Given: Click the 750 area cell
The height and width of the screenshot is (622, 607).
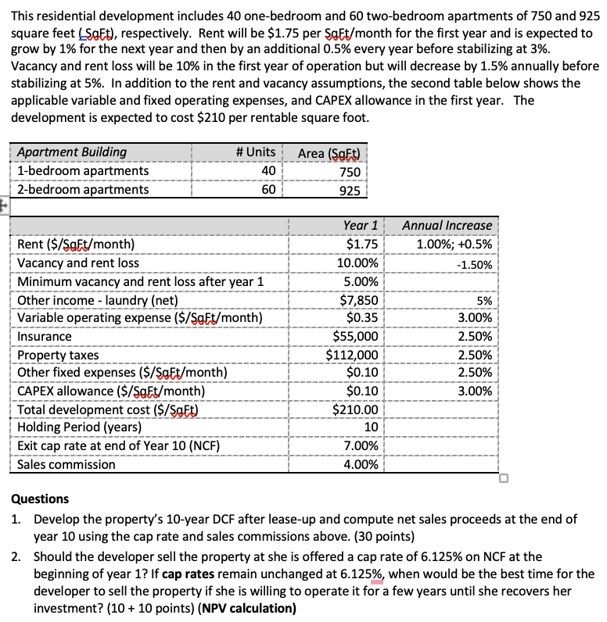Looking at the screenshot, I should [x=350, y=171].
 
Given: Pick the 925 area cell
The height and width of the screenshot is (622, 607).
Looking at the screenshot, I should [x=350, y=190].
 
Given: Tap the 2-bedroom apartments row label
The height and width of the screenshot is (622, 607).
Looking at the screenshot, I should [x=83, y=190].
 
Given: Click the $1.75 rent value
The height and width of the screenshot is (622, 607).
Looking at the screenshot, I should [x=364, y=244].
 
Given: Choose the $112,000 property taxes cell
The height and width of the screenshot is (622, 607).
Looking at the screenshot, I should [x=354, y=355].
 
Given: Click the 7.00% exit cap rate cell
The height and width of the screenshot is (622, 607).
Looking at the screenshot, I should [x=362, y=445].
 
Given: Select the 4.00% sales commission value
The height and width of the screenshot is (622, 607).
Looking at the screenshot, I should [x=362, y=464].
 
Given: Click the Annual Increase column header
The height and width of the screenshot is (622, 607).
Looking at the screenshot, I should [x=447, y=226].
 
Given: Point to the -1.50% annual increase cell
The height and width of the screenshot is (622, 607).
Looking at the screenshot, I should [x=476, y=264].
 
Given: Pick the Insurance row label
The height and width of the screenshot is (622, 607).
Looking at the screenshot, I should [x=44, y=336].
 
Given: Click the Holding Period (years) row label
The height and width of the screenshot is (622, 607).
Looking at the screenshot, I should [x=79, y=427].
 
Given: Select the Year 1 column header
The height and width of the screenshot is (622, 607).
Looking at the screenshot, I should [x=360, y=226].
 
